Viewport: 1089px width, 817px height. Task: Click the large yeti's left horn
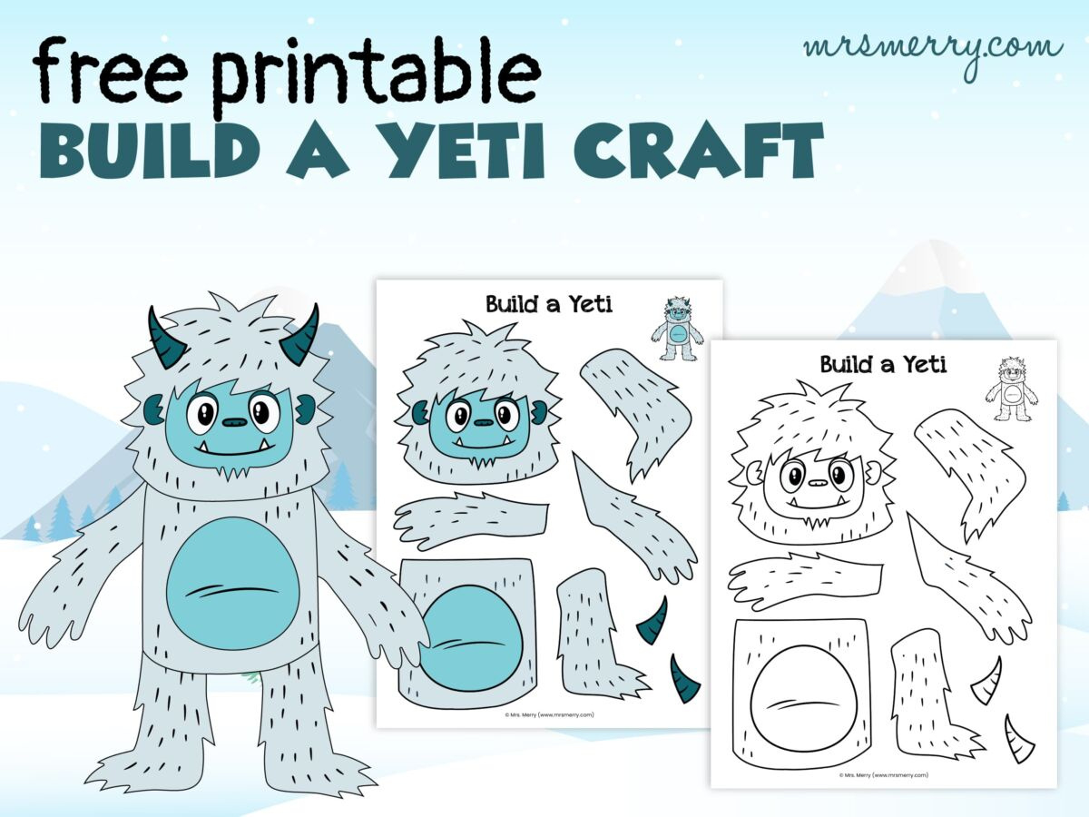pyautogui.click(x=166, y=339)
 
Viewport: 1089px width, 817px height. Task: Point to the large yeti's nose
pyautogui.click(x=234, y=422)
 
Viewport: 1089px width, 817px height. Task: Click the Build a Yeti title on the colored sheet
pyautogui.click(x=548, y=304)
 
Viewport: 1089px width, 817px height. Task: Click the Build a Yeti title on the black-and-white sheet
pyautogui.click(x=882, y=365)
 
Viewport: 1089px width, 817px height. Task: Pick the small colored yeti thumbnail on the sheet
pyautogui.click(x=677, y=328)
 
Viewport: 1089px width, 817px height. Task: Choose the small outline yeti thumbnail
pyautogui.click(x=1011, y=389)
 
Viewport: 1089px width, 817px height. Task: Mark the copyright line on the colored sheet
pyautogui.click(x=549, y=714)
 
